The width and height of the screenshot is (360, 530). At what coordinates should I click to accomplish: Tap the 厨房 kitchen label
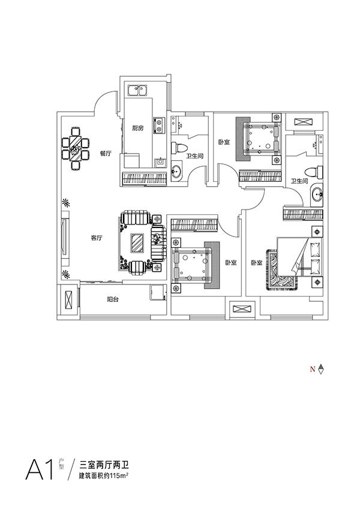pyautogui.click(x=137, y=127)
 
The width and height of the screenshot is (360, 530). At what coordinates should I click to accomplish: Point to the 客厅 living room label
pyautogui.click(x=97, y=238)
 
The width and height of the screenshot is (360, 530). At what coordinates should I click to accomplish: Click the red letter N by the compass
pyautogui.click(x=312, y=370)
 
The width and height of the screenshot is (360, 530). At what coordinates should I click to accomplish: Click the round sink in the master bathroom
pyautogui.click(x=317, y=194)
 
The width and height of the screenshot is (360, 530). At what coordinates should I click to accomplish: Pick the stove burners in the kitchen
pyautogui.click(x=158, y=125)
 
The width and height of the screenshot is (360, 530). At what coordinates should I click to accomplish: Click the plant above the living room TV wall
pyautogui.click(x=66, y=203)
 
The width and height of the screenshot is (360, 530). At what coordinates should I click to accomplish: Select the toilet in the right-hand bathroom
pyautogui.click(x=313, y=171)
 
